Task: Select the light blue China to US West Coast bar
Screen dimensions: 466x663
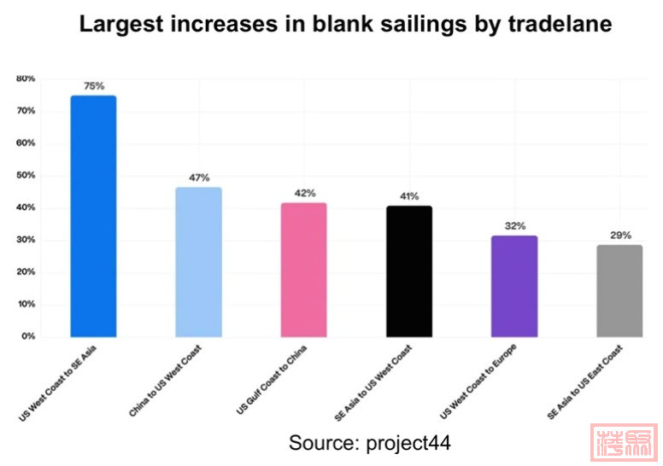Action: click(199, 262)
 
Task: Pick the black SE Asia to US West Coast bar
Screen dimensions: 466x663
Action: click(409, 271)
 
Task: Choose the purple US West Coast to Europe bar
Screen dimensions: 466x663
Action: click(514, 286)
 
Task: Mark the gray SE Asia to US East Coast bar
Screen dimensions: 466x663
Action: click(619, 291)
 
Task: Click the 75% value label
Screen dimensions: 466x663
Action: click(94, 86)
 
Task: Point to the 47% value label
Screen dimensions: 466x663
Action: click(199, 178)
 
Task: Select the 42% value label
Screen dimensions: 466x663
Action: click(305, 193)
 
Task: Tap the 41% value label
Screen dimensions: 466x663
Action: click(409, 196)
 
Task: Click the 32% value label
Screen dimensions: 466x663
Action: click(514, 226)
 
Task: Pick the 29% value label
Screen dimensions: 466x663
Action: click(620, 236)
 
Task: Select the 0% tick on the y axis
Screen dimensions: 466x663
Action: click(27, 336)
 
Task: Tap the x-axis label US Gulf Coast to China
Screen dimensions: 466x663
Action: click(273, 379)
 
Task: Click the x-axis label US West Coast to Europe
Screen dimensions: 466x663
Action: click(479, 382)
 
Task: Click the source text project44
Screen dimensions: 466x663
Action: click(408, 443)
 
